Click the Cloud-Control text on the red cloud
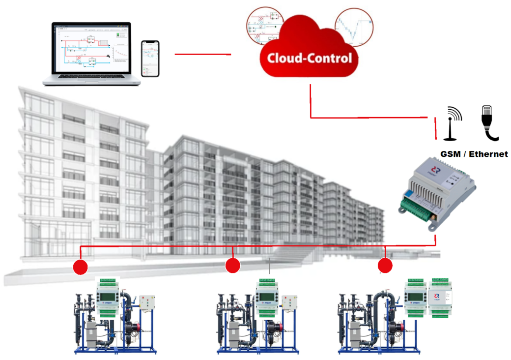coord(310,58)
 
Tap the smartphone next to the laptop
coord(151,58)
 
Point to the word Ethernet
coord(488,154)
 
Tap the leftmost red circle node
coord(80,267)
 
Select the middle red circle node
coord(232,266)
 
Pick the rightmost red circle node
coord(385,266)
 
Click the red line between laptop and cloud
coord(202,54)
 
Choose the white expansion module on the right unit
coord(440,297)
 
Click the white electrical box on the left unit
coord(146,303)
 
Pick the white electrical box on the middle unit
coord(291,303)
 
